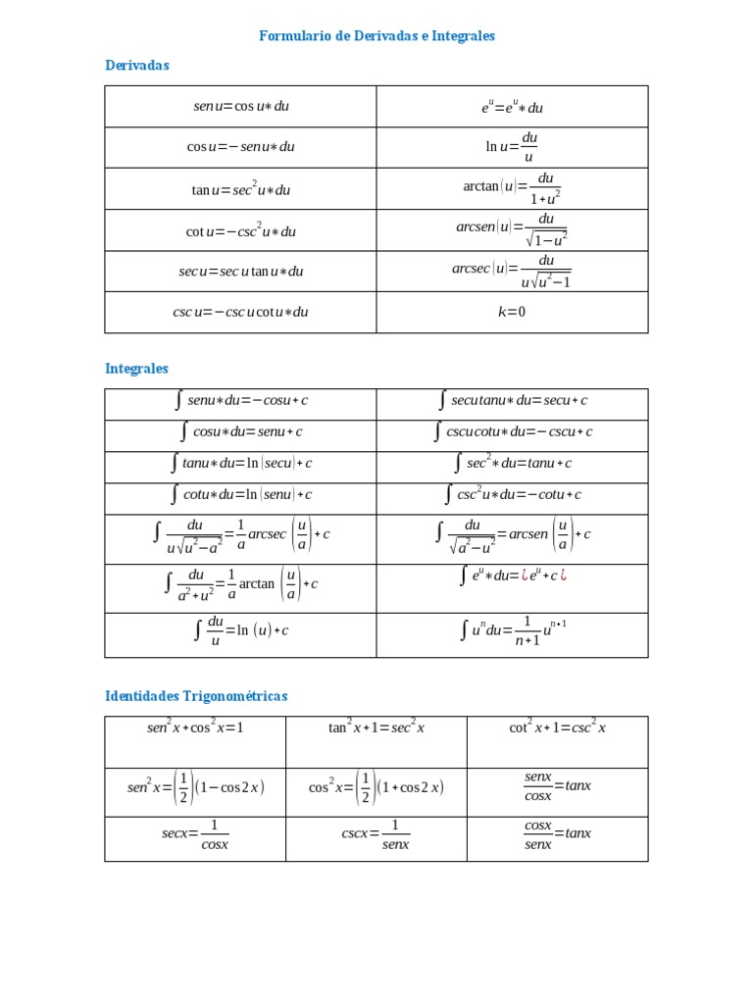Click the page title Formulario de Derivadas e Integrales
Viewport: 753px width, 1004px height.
pos(376,36)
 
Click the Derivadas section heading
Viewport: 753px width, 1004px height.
pos(137,66)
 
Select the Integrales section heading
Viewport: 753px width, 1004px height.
pos(136,369)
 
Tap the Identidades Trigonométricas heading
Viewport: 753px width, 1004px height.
pos(196,696)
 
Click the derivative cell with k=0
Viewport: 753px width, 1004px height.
pos(512,312)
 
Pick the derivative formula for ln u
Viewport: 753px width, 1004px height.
pos(512,147)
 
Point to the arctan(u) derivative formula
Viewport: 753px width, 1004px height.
pos(512,188)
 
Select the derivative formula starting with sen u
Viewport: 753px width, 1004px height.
pos(241,106)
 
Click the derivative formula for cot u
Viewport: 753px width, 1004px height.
pos(241,231)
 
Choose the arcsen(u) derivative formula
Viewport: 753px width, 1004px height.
pos(512,230)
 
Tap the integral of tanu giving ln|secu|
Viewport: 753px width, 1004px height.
pos(241,463)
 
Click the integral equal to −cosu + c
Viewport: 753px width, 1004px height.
pos(241,400)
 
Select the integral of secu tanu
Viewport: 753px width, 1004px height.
pos(512,400)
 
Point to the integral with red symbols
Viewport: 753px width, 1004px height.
pos(512,576)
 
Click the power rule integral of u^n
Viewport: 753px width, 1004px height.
pos(512,630)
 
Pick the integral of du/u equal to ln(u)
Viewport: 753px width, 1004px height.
pos(241,630)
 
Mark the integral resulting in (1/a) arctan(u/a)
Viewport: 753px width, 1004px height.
pos(241,584)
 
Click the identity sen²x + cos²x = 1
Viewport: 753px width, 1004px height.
pos(195,728)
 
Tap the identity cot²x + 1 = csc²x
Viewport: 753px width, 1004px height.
pos(557,728)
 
